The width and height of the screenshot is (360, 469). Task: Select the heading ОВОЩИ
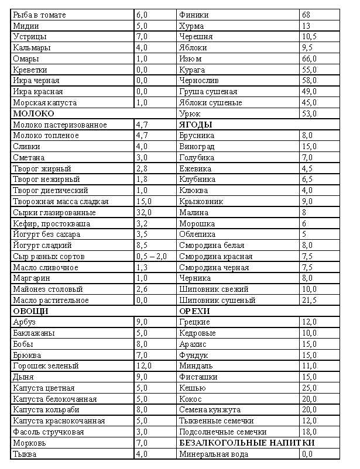point(30,311)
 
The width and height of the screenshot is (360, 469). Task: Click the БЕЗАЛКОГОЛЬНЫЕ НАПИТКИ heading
point(246,443)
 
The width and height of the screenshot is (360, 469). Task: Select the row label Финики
point(194,15)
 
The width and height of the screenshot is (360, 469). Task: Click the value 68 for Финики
point(306,15)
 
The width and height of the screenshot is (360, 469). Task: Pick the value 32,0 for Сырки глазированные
point(144,212)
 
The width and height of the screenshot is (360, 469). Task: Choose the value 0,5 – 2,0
point(151,256)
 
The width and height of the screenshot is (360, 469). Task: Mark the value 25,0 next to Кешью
point(309,388)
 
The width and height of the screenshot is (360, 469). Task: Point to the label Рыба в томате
point(39,15)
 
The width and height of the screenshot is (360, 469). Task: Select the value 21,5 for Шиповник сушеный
point(309,300)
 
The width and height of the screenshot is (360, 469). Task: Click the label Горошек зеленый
point(45,365)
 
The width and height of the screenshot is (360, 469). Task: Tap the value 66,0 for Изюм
point(309,58)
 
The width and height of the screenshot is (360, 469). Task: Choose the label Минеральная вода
point(214,454)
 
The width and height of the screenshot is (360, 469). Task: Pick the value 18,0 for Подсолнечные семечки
point(309,432)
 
